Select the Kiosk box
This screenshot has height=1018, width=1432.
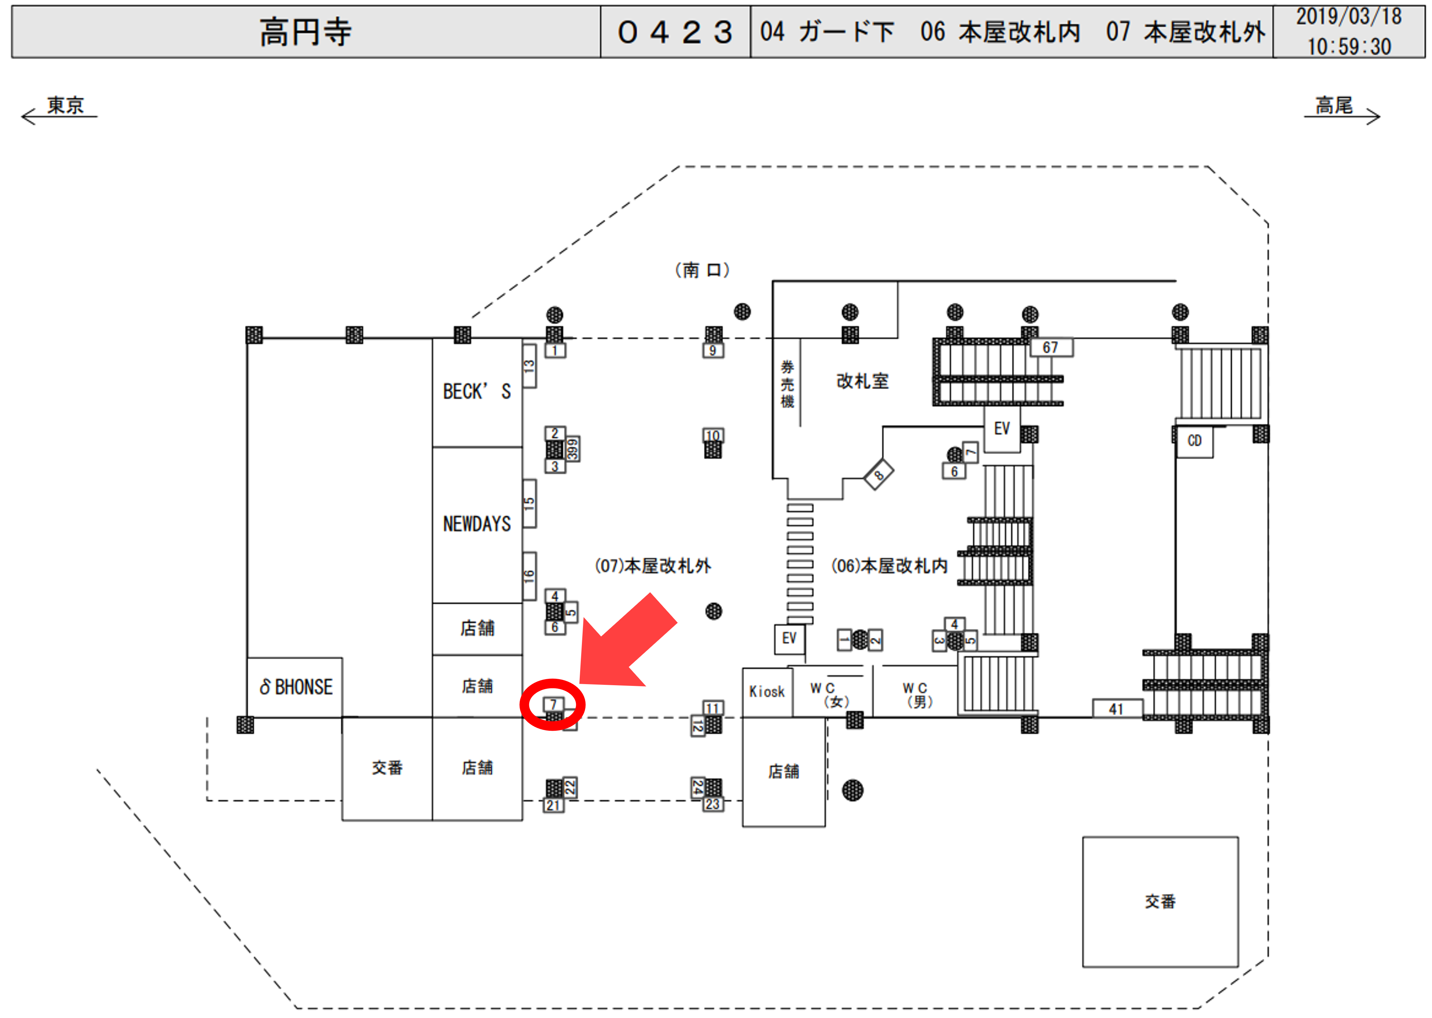767,692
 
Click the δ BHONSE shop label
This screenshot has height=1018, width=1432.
296,687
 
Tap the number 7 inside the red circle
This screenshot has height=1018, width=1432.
553,704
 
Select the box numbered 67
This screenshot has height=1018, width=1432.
1050,347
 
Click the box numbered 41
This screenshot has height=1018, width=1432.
1116,709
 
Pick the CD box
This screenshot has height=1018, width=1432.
1194,441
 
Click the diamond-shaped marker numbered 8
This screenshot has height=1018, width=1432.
879,475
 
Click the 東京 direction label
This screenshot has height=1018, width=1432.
65,105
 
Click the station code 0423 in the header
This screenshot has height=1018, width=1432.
675,32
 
